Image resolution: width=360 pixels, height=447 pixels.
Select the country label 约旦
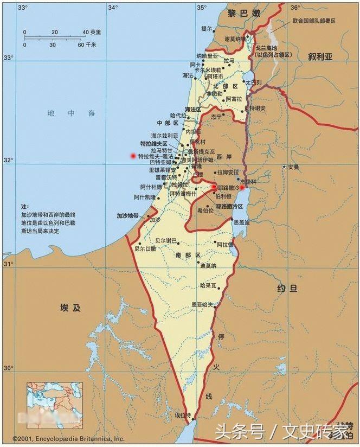click(287, 289)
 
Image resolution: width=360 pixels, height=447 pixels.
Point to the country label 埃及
click(70, 308)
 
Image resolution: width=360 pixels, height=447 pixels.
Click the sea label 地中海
click(71, 113)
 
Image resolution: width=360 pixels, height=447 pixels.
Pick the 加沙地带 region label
click(128, 215)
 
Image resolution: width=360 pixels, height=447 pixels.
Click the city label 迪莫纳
click(208, 266)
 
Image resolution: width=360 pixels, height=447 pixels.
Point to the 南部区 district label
click(188, 254)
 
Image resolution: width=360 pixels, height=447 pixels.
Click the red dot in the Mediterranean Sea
click(133, 156)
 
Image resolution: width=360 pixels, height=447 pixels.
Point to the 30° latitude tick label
click(8, 368)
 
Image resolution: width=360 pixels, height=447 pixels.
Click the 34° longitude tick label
click(112, 8)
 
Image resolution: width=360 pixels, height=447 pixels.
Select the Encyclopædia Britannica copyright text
click(63, 438)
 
